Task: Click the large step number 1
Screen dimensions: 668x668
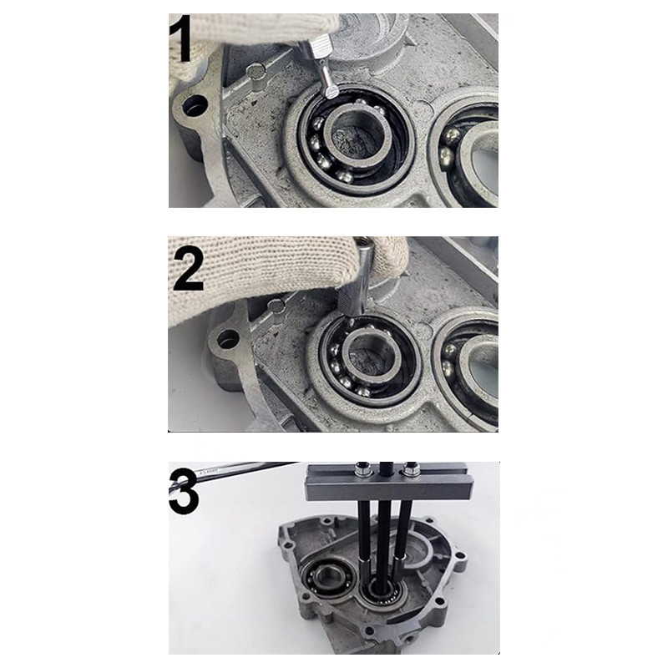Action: [180, 38]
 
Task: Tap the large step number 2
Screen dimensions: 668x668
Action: [187, 270]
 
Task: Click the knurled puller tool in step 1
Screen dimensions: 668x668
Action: [320, 65]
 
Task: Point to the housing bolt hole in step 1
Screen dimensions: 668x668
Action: [195, 105]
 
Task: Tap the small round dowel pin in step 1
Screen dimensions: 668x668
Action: [256, 70]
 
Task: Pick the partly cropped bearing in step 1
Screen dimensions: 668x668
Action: [467, 154]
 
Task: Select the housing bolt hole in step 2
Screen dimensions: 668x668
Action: [228, 339]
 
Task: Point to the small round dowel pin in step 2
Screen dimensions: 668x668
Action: [276, 305]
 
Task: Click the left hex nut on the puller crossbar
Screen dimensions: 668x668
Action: [363, 469]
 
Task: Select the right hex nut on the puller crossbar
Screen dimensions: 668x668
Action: [410, 469]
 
